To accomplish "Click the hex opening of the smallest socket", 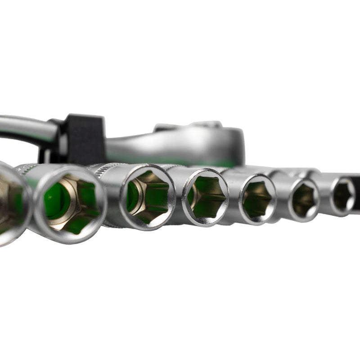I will coord(344,194).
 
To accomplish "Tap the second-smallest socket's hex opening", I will coord(304,199).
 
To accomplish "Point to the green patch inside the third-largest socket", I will coord(133,196).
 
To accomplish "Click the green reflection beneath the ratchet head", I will coord(225,162).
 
